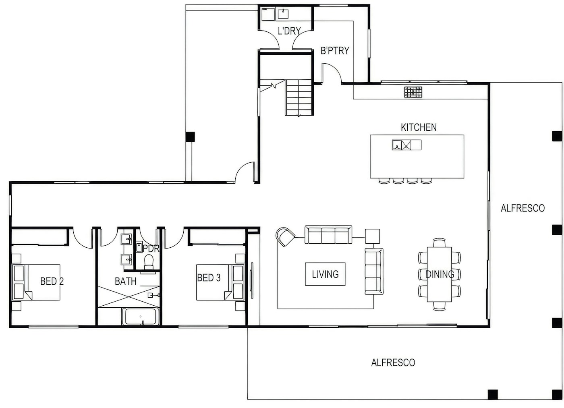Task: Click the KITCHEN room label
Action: (419, 127)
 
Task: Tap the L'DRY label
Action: (289, 31)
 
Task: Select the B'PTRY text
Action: (334, 51)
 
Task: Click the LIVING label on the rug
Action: (325, 274)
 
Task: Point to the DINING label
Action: (440, 274)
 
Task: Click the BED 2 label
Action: (52, 281)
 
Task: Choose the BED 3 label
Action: (209, 278)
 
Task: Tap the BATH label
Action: (126, 281)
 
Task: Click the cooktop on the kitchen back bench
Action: (413, 92)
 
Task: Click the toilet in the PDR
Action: (149, 262)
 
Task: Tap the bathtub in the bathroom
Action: (141, 317)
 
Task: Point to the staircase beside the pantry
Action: (299, 97)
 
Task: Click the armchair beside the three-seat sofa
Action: (286, 236)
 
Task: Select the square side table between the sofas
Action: (373, 236)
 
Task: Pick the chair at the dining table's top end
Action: (440, 242)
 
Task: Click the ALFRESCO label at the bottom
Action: (393, 362)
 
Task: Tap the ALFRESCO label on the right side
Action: (523, 208)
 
